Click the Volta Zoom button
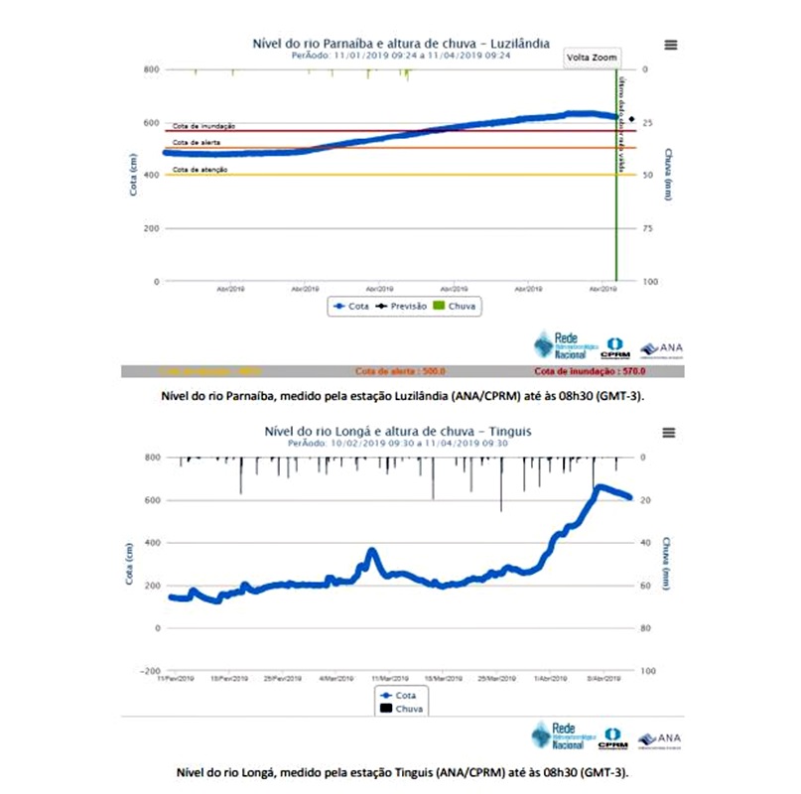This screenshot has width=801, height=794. [x=592, y=58]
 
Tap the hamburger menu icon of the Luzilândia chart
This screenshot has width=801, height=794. [x=671, y=45]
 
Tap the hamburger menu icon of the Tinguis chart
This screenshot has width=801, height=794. [x=668, y=433]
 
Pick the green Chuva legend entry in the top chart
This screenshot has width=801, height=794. [x=455, y=307]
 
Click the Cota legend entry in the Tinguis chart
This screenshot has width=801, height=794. [x=399, y=696]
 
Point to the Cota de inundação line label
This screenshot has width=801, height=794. [x=203, y=126]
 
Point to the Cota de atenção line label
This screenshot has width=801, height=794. [x=200, y=170]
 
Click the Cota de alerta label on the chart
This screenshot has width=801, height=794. [x=197, y=143]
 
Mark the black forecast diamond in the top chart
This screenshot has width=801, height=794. [x=631, y=119]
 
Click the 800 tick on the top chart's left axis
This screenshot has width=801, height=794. [x=150, y=69]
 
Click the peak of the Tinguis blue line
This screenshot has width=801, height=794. [x=599, y=487]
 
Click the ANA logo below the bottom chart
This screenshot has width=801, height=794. [x=658, y=739]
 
